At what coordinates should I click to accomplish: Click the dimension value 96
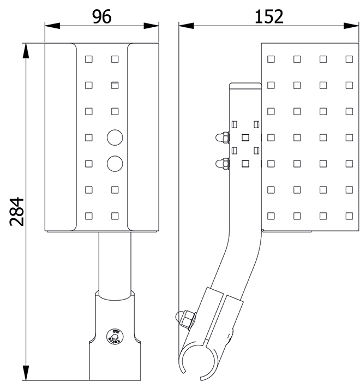coord(102,16)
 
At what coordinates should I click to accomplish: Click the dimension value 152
coord(269,16)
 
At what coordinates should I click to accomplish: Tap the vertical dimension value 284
coord(16,212)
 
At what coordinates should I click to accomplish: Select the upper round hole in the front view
coord(115,138)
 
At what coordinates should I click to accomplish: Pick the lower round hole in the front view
coord(115,164)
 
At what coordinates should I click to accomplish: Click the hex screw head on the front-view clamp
coord(115,337)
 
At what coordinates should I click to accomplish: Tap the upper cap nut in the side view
coord(223,138)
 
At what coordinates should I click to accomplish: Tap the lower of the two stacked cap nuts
coord(223,164)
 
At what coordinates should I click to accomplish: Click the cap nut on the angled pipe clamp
coord(185,319)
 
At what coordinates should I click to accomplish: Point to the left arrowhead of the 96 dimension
coord(52,26)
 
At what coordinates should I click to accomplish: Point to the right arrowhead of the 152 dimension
coord(351,26)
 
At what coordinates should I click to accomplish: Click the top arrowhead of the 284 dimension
coord(26,51)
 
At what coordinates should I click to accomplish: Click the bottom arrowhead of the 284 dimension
coord(26,373)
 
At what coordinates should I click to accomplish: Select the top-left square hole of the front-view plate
coord(89,59)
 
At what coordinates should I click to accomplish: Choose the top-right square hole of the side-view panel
coord(349,59)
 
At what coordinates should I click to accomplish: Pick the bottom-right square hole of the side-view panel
coord(349,216)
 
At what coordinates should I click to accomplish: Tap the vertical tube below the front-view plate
coord(115,263)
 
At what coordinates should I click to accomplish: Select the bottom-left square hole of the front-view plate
coord(89,216)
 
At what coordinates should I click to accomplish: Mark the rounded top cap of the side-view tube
coord(245,86)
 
